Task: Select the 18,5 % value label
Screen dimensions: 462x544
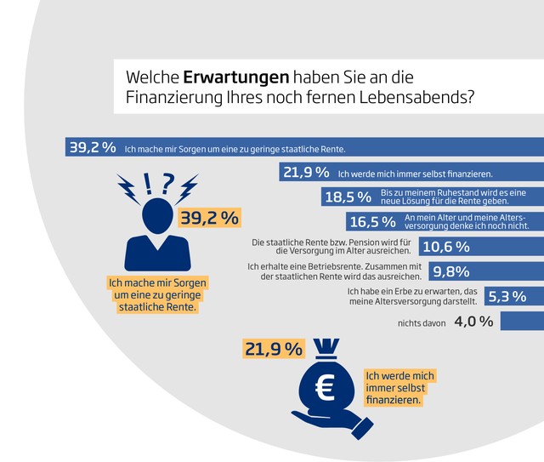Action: coord(348,197)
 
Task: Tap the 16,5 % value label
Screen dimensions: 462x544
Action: coord(371,222)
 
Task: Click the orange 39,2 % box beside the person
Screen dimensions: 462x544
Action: coord(209,218)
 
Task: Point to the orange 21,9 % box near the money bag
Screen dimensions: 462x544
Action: coord(274,349)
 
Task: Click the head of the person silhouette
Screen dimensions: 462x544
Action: coord(157,214)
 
